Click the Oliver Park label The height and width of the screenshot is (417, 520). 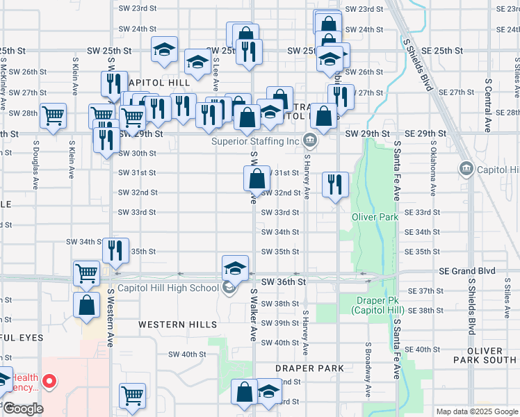tap(376, 218)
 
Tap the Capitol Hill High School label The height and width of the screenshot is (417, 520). tap(168, 288)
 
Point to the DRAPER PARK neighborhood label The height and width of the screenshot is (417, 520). tap(309, 368)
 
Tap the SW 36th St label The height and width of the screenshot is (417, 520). tap(284, 282)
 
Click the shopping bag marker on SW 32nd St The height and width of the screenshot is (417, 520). tap(257, 178)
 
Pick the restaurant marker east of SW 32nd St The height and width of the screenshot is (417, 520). tap(334, 184)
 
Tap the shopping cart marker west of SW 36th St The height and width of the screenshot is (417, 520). tap(86, 272)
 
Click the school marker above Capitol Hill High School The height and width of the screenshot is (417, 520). tap(235, 268)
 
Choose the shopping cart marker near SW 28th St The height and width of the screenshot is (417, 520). tap(53, 116)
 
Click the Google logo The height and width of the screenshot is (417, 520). tap(22, 409)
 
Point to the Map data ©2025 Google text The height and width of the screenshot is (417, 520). tap(476, 411)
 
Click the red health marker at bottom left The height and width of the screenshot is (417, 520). tap(49, 381)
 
